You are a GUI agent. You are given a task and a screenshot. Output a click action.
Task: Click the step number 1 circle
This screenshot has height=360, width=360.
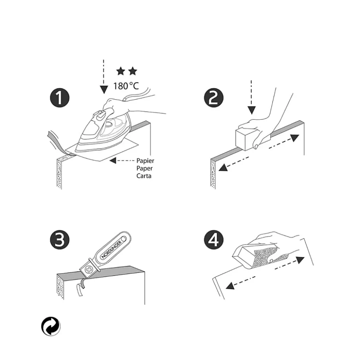[x=59, y=98]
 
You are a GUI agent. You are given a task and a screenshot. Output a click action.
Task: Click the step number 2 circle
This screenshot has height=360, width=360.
[x=213, y=98]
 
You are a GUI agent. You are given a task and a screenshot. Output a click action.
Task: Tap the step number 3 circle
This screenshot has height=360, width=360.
[x=59, y=240]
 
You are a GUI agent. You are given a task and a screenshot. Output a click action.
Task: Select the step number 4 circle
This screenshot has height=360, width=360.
[x=213, y=240]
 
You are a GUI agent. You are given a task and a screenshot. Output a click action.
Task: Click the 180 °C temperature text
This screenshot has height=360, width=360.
[x=126, y=86]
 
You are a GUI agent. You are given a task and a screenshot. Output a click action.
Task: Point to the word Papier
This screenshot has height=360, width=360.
[x=145, y=161]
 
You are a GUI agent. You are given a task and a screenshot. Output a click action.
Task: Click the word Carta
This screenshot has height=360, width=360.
[x=144, y=176]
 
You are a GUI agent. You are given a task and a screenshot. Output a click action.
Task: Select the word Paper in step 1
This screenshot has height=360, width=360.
[x=145, y=168]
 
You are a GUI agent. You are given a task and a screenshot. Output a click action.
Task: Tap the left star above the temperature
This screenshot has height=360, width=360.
[x=121, y=71]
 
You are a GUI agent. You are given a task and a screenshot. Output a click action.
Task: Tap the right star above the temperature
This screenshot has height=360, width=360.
[x=132, y=71]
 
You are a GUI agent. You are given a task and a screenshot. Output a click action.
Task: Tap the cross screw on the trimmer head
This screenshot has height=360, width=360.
[x=88, y=270]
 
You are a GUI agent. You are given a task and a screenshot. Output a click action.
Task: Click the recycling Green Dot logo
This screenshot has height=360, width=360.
[x=51, y=327]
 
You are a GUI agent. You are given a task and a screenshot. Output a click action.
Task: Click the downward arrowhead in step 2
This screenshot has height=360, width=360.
[x=252, y=110]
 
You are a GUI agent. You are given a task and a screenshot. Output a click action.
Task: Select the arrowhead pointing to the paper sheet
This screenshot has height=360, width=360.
[x=113, y=161]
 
